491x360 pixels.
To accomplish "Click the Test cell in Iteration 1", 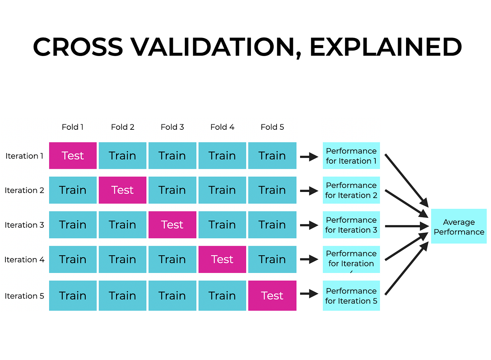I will (x=73, y=156).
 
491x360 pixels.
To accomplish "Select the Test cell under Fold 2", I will (x=123, y=190).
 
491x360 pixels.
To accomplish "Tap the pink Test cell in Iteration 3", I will (x=172, y=225).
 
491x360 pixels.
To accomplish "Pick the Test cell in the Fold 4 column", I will (x=222, y=260).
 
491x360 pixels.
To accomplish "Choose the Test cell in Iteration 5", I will (x=272, y=296).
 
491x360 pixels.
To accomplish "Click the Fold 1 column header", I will (x=73, y=127).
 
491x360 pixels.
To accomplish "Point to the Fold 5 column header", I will (x=272, y=127).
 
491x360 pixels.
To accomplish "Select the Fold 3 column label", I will (x=172, y=127).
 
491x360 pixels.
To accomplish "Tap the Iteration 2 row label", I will (x=24, y=190).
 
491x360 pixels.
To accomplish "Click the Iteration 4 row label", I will (x=24, y=260).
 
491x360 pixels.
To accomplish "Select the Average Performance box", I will (x=459, y=227).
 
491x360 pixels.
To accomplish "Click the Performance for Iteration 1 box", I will (x=351, y=156).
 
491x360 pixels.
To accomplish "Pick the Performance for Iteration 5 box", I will (x=351, y=296).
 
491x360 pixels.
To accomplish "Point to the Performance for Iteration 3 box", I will (x=351, y=225).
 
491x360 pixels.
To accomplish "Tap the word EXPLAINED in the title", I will (x=385, y=47).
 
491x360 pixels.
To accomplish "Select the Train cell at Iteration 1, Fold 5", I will (x=272, y=156).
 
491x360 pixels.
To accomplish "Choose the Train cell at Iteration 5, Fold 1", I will (x=73, y=296).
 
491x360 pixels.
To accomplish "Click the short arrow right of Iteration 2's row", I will (x=309, y=191).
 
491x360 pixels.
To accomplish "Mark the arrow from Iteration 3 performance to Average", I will (x=407, y=226).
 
